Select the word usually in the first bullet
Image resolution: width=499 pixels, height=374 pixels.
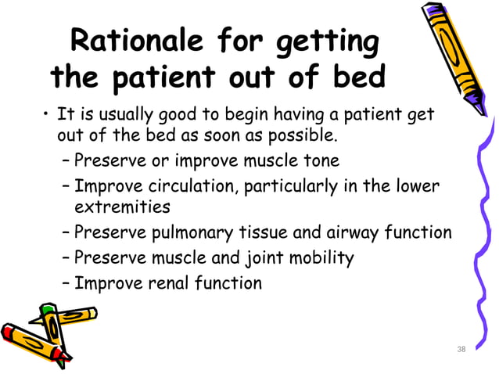(x=125, y=117)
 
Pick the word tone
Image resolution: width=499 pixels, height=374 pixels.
(x=322, y=161)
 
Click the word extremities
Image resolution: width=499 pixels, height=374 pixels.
(x=122, y=207)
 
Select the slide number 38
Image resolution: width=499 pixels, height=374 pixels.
(x=461, y=349)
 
